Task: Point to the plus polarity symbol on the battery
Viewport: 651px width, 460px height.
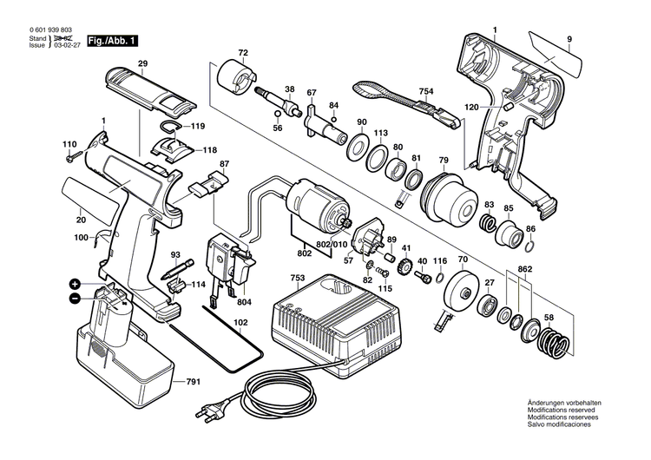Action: click(x=76, y=284)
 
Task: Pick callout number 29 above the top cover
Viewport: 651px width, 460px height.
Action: click(x=142, y=62)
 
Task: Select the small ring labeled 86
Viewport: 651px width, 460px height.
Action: click(x=530, y=246)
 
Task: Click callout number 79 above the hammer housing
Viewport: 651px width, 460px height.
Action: click(x=443, y=160)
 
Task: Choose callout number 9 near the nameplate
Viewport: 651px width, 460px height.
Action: click(x=569, y=38)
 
